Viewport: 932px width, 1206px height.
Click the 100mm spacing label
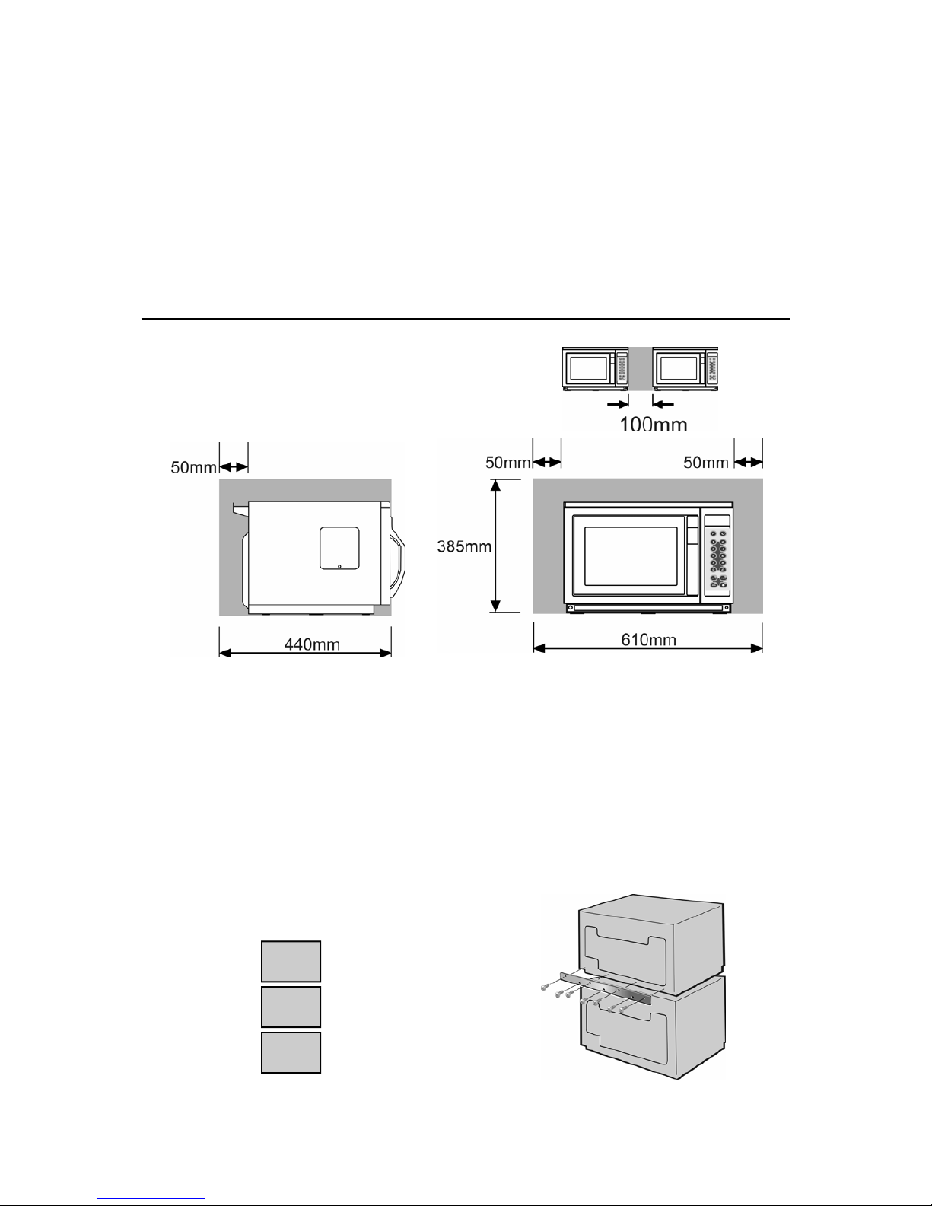click(653, 425)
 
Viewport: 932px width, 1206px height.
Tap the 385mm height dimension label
click(464, 546)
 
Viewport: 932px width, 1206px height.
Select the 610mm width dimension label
click(648, 640)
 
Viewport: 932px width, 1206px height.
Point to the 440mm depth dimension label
click(312, 644)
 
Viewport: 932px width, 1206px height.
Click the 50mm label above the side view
click(193, 467)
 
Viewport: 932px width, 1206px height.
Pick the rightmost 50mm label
click(706, 463)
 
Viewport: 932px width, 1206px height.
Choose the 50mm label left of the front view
click(508, 463)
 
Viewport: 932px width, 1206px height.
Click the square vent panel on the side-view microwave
click(339, 549)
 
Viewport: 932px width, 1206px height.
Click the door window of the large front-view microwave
click(631, 556)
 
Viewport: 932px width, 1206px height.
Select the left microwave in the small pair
click(595, 369)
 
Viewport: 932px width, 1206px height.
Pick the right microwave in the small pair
click(685, 369)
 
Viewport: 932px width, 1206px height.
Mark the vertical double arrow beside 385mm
click(496, 546)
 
